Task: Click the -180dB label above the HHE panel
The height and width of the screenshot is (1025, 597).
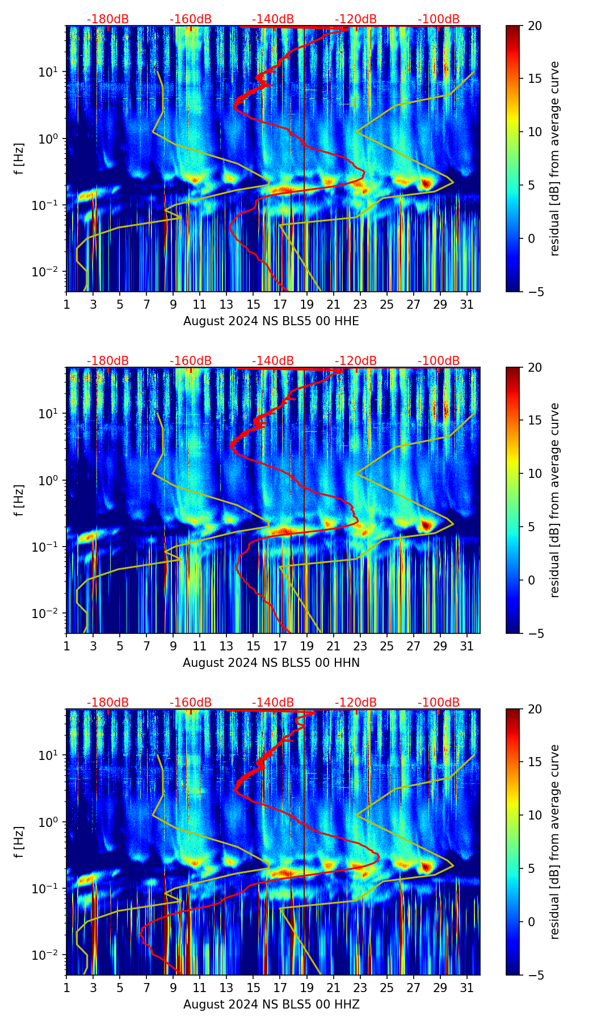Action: tap(108, 19)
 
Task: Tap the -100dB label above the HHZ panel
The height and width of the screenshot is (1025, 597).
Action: tap(439, 703)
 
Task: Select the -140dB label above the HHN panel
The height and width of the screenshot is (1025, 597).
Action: tap(273, 361)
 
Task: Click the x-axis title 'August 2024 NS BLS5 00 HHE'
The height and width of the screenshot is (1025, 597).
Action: tap(271, 321)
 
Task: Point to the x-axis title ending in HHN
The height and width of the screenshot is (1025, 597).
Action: tap(271, 663)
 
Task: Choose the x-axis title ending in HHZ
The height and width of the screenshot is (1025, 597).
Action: tap(271, 1005)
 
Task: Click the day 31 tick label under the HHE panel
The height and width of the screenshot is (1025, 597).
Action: tap(466, 305)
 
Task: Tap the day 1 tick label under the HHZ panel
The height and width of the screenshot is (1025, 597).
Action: tap(67, 988)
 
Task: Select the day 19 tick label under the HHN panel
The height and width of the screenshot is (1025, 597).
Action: tap(306, 646)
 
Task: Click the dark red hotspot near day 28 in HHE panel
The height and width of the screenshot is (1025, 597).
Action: tap(426, 183)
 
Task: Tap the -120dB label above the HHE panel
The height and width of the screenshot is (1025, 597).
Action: tap(356, 19)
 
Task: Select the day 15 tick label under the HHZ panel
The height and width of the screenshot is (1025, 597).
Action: tap(253, 988)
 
